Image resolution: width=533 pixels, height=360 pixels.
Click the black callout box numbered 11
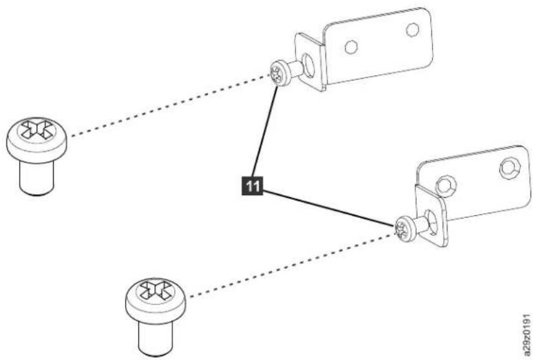pyautogui.click(x=252, y=186)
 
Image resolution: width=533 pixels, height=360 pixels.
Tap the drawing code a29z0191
pyautogui.click(x=527, y=334)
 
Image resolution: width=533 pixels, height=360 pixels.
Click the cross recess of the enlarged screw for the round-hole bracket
pyautogui.click(x=37, y=130)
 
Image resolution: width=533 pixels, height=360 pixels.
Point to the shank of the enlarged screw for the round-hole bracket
pyautogui.click(x=37, y=178)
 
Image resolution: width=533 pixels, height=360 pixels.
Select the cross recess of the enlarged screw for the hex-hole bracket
pyautogui.click(x=156, y=291)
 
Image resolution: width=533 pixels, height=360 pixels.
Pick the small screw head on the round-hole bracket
pyautogui.click(x=280, y=73)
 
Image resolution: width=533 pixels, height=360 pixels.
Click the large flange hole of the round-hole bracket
pyautogui.click(x=309, y=65)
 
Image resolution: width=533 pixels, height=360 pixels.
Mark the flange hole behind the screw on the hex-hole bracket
pyautogui.click(x=431, y=223)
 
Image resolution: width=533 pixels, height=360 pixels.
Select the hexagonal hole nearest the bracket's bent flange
pyautogui.click(x=446, y=185)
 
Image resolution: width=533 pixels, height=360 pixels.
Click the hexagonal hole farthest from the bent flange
pyautogui.click(x=510, y=168)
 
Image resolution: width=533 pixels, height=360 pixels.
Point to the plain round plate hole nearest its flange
pyautogui.click(x=351, y=47)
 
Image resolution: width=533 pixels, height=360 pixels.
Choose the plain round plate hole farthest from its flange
pyautogui.click(x=413, y=30)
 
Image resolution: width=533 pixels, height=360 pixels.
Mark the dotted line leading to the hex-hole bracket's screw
pyautogui.click(x=291, y=266)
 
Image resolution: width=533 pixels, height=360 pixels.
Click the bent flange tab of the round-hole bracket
pyautogui.click(x=309, y=62)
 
